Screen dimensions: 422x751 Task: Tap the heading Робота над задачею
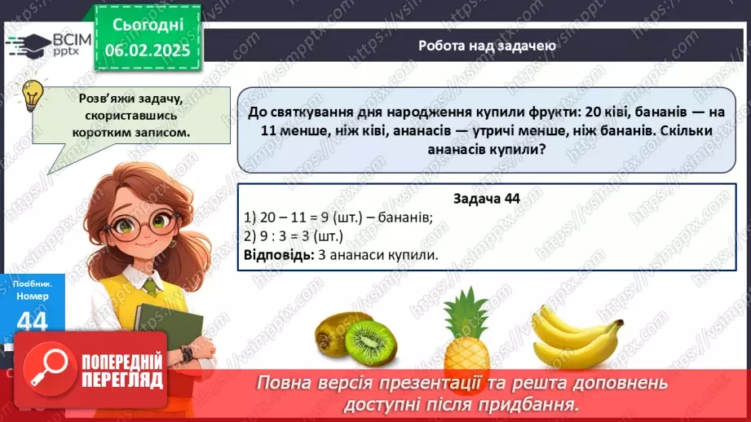coord(488,46)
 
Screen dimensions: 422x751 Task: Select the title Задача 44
coord(486,198)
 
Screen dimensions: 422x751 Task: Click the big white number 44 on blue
coord(32,321)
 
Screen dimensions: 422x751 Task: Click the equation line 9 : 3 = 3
coord(294,236)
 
